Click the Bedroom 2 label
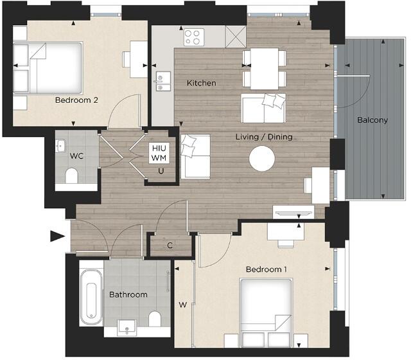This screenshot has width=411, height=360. [76, 100]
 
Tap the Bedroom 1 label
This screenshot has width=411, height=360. [267, 269]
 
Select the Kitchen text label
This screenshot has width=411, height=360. [201, 84]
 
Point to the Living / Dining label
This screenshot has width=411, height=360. [264, 136]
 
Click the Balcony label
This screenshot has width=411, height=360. [372, 120]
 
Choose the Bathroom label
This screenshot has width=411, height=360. [128, 295]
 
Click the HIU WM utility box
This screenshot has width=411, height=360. [158, 152]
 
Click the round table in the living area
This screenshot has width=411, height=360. [262, 158]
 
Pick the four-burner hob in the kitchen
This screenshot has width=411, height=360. [193, 35]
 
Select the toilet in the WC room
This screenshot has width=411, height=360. [71, 175]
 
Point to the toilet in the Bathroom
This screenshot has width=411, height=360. [154, 319]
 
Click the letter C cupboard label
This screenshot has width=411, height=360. [170, 245]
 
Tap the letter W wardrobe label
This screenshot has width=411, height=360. [183, 305]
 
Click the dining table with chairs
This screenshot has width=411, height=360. [265, 68]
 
